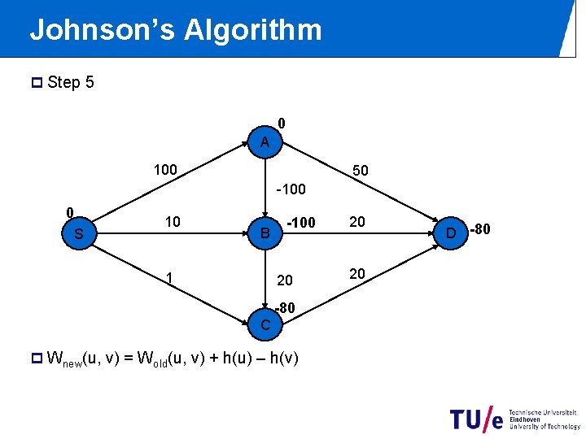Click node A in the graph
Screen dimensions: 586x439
[265, 142]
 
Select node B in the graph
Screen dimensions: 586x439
[265, 234]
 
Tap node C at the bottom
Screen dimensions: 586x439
[265, 325]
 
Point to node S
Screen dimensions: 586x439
[79, 234]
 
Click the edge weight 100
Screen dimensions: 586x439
[165, 170]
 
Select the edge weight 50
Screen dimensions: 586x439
[360, 172]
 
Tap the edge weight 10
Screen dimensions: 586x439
[172, 222]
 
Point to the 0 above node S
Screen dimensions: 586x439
[70, 211]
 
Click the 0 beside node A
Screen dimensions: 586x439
[281, 124]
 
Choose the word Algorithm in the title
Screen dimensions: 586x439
[253, 30]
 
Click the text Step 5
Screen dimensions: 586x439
[71, 82]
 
